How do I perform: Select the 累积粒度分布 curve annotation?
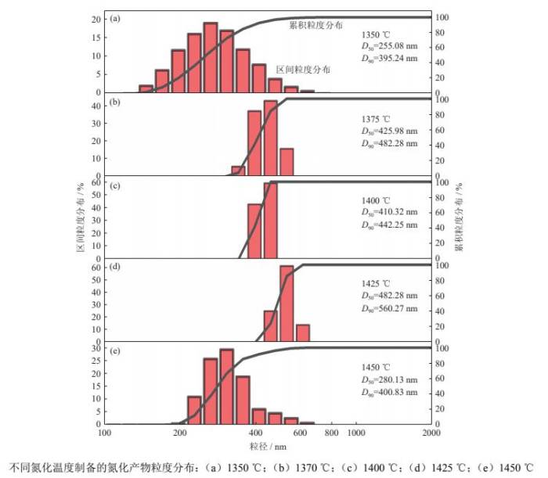click(x=315, y=25)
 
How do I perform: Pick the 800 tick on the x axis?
click(x=331, y=431)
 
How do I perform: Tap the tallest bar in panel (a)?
click(x=210, y=58)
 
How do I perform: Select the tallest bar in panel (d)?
click(x=287, y=304)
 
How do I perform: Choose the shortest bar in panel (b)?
click(x=238, y=171)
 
